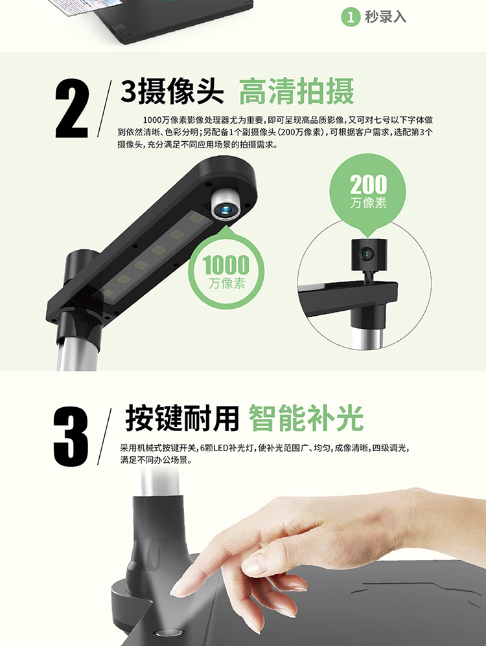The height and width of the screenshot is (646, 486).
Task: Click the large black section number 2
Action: [x=72, y=109]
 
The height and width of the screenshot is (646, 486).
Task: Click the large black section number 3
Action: [x=71, y=437]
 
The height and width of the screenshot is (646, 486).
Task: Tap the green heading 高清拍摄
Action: [x=296, y=91]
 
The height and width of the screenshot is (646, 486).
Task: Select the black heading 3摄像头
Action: [x=172, y=91]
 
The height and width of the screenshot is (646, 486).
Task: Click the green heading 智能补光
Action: [x=306, y=418]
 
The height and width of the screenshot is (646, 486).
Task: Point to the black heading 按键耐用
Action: [x=182, y=418]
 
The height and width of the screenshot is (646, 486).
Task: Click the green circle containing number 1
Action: [x=351, y=17]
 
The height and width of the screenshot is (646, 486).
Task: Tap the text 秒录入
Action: [x=386, y=17]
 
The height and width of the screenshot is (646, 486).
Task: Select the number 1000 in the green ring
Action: [x=227, y=265]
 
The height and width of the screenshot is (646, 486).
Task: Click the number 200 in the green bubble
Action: [x=369, y=184]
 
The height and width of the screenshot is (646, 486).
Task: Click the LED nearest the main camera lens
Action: [x=197, y=217]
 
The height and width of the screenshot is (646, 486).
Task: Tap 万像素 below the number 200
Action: [x=369, y=203]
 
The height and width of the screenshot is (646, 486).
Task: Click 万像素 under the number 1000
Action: [x=227, y=284]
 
